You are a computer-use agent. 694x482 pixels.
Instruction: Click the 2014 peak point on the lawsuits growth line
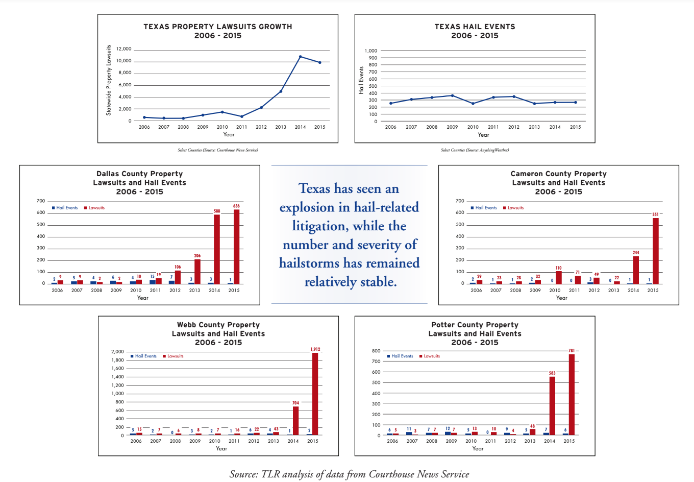[300, 57]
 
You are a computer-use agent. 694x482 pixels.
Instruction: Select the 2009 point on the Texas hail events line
[452, 95]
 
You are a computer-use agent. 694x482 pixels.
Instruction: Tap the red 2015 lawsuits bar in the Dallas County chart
[236, 247]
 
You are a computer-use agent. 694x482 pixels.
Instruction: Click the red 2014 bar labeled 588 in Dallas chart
[217, 249]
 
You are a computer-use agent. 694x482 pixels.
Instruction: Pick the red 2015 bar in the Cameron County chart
[656, 251]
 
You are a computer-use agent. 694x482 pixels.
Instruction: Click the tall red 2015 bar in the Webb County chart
[315, 394]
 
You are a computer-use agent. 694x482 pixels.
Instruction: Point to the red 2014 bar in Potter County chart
[552, 406]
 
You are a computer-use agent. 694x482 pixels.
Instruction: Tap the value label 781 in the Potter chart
[572, 351]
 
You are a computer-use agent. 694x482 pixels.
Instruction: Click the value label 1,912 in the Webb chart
[315, 349]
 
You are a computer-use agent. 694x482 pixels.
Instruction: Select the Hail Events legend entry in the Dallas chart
[65, 208]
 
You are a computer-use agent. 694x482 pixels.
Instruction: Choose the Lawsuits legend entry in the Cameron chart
[513, 208]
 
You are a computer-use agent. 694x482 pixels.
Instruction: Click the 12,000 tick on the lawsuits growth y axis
[123, 49]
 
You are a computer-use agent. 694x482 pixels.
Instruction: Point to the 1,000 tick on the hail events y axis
[370, 51]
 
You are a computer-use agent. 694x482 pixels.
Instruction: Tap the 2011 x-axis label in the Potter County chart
[490, 441]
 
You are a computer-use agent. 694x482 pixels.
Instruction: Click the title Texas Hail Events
[475, 27]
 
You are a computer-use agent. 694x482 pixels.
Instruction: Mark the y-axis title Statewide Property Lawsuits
[109, 80]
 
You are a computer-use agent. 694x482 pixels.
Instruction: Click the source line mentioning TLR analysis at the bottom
[349, 474]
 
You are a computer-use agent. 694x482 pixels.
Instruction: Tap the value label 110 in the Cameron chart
[558, 268]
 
